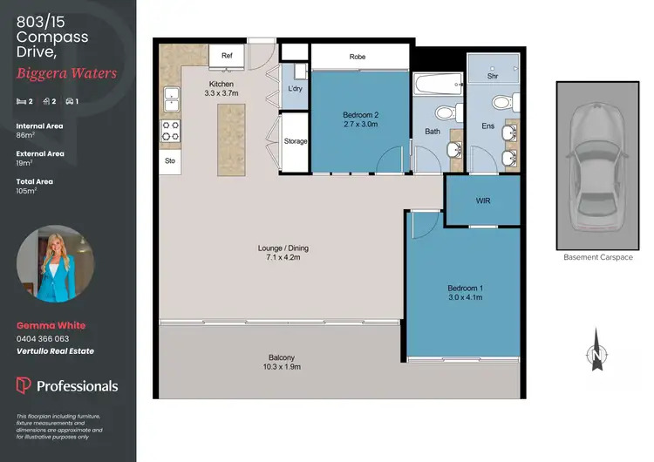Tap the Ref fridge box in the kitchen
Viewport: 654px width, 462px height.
227,56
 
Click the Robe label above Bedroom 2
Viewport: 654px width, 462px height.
358,57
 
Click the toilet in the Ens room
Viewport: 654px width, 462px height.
502,104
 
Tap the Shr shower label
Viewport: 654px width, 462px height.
493,77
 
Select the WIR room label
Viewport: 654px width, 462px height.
483,200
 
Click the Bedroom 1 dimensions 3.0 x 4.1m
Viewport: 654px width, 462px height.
465,298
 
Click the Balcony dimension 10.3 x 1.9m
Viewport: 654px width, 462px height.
281,368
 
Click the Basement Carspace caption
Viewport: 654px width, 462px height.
597,258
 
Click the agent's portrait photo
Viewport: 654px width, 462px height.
56,264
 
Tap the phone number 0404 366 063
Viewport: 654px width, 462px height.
43,338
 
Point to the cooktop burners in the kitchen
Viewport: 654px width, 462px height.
170,131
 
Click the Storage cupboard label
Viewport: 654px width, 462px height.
296,140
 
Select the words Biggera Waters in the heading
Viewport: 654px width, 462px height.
66,73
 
